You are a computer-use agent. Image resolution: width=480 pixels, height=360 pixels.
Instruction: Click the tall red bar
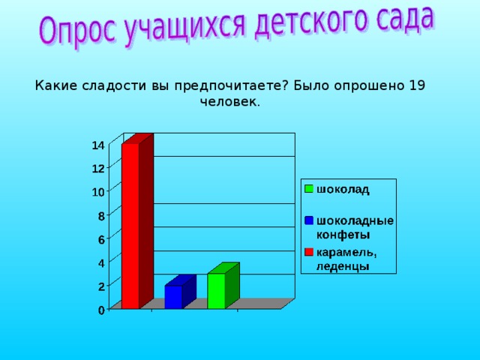click(x=130, y=225)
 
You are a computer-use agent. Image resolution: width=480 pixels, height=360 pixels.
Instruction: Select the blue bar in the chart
click(x=173, y=296)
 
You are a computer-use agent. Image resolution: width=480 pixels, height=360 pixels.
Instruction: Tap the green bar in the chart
click(x=216, y=290)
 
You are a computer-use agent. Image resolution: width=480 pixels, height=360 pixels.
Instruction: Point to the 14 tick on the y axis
click(x=98, y=145)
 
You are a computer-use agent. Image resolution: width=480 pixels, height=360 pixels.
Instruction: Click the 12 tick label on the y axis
click(x=98, y=168)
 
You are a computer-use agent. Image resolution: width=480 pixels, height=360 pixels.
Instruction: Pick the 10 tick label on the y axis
click(x=98, y=192)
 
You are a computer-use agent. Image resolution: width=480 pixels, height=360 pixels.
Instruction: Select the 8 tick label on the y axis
click(x=101, y=216)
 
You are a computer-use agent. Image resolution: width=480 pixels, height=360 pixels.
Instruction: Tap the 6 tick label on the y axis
click(x=101, y=239)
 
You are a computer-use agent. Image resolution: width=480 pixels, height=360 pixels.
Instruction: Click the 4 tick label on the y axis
click(x=101, y=262)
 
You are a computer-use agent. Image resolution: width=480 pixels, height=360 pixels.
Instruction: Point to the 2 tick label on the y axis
click(x=101, y=286)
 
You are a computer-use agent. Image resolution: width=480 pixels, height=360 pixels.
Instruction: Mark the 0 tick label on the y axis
click(x=101, y=310)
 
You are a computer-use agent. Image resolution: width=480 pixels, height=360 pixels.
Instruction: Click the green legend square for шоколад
click(x=308, y=189)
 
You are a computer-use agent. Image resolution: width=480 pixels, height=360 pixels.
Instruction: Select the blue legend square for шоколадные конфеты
click(x=308, y=220)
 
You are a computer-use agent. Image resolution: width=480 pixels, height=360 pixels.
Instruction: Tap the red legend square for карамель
click(x=308, y=251)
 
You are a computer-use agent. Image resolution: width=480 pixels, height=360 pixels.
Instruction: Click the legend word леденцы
click(x=342, y=265)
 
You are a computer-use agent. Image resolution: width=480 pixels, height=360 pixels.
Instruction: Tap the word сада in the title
click(x=401, y=19)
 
